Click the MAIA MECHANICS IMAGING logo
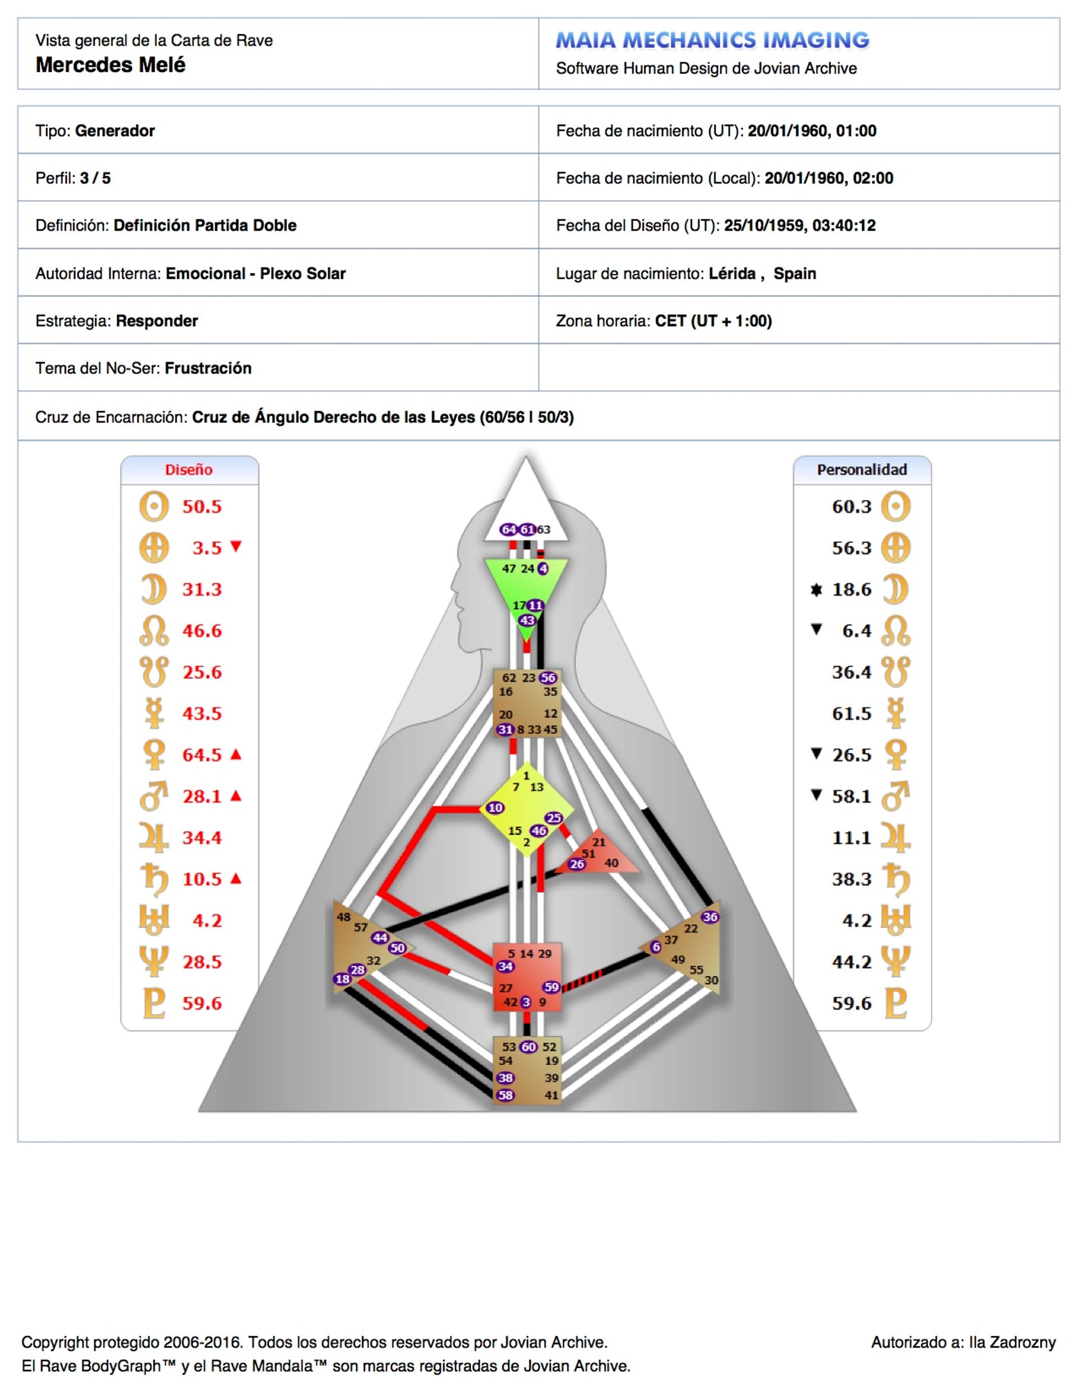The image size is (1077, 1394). (x=712, y=40)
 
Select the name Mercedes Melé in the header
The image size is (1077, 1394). (x=111, y=65)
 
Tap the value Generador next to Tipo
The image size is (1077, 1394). (x=115, y=131)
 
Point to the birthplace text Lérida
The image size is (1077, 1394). (x=732, y=273)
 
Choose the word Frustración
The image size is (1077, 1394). (x=208, y=369)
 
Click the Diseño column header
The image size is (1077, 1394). (x=189, y=470)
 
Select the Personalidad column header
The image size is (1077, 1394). (x=862, y=470)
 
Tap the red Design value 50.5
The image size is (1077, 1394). (x=202, y=507)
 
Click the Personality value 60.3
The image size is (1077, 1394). (x=852, y=507)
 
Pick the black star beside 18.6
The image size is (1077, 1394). (x=816, y=589)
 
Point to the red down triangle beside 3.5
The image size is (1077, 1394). (x=236, y=546)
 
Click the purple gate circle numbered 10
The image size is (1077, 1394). (x=495, y=808)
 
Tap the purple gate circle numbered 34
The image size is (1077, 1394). (x=505, y=967)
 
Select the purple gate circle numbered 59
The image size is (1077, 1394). (x=551, y=987)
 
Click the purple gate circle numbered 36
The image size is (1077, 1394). (x=710, y=917)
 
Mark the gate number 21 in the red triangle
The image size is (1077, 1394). (x=599, y=842)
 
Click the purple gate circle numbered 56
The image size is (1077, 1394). (x=549, y=678)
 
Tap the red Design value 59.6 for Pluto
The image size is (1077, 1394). (x=202, y=1004)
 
